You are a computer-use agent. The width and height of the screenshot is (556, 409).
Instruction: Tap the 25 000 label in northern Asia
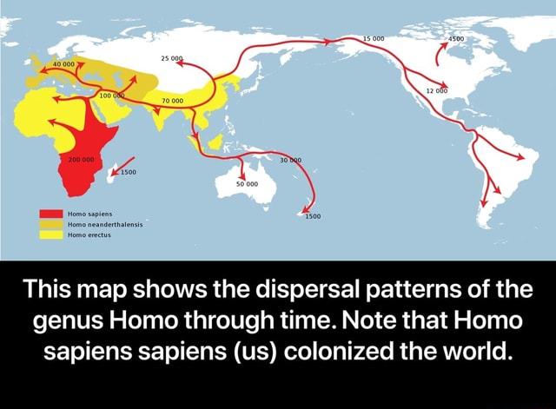coord(172,57)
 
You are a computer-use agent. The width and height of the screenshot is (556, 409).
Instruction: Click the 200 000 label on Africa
coord(82,161)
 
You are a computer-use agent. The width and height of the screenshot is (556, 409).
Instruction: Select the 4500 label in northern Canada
coord(457,38)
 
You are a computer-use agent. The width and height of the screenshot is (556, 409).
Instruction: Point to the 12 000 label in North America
coord(436,89)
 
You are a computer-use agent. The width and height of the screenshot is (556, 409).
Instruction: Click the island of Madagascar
coord(112,178)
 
